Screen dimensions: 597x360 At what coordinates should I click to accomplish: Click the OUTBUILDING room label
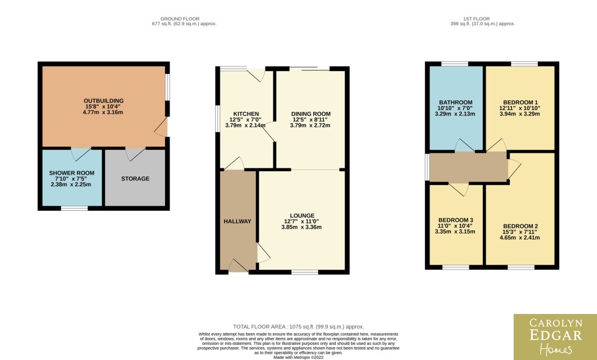(x=104, y=101)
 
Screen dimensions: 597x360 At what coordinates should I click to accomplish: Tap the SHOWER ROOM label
(x=72, y=173)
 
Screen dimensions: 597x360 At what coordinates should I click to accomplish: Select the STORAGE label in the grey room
(x=135, y=178)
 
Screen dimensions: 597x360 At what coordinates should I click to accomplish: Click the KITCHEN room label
(x=246, y=114)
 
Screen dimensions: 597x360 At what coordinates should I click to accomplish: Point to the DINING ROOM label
(x=311, y=114)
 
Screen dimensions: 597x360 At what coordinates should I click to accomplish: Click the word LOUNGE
(x=302, y=216)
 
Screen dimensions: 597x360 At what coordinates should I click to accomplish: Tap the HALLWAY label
(x=237, y=221)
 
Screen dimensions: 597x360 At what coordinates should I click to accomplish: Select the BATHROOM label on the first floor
(x=456, y=103)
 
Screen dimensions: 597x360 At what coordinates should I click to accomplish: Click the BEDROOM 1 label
(x=520, y=103)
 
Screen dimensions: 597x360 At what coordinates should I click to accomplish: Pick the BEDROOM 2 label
(x=520, y=226)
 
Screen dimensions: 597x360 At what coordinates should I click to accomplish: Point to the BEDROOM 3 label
(x=456, y=220)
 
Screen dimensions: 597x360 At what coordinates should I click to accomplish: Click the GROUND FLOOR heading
(x=180, y=19)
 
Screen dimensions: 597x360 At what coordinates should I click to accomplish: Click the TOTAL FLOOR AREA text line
(x=298, y=327)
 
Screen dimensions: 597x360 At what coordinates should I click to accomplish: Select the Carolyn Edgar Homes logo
(x=555, y=337)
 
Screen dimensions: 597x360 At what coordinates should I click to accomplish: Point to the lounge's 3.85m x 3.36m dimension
(x=301, y=227)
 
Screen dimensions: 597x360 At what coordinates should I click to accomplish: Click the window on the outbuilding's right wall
(x=167, y=87)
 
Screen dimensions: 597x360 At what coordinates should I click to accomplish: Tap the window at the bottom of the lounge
(x=305, y=272)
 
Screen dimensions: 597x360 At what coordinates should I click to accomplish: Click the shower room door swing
(x=80, y=154)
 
